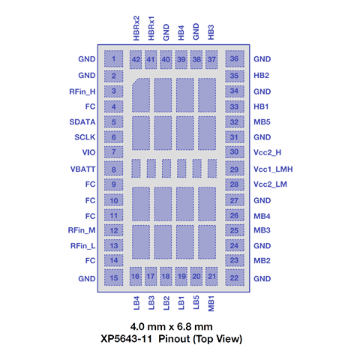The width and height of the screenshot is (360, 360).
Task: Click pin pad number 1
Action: pyautogui.click(x=113, y=58)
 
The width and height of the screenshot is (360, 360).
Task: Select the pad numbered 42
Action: pyautogui.click(x=136, y=59)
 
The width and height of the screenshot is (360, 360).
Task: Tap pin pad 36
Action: pyautogui.click(x=235, y=58)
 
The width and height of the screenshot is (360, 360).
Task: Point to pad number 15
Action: pyautogui.click(x=113, y=277)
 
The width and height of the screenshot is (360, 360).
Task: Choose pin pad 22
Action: pyautogui.click(x=235, y=277)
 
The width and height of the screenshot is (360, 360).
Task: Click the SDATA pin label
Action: pyautogui.click(x=82, y=122)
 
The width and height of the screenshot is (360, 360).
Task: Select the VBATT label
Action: pyautogui.click(x=82, y=169)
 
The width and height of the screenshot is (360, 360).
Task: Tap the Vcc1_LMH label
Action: pyautogui.click(x=273, y=169)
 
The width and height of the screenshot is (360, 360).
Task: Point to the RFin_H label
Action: pyautogui.click(x=82, y=91)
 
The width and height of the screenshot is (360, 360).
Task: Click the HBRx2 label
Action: pyautogui.click(x=136, y=28)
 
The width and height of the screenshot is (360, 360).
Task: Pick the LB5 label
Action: pyautogui.click(x=196, y=302)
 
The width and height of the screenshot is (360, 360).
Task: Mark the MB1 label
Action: pyautogui.click(x=211, y=304)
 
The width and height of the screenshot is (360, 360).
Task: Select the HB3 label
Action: pyautogui.click(x=211, y=32)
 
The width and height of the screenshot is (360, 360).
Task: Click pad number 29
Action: pyautogui.click(x=235, y=169)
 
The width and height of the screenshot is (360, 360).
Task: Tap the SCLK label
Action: pyautogui.click(x=85, y=137)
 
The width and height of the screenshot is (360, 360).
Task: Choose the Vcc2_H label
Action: pyautogui.click(x=268, y=152)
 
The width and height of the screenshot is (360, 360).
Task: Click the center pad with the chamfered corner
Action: pyautogui.click(x=141, y=95)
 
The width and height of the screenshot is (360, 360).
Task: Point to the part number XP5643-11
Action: pyautogui.click(x=126, y=339)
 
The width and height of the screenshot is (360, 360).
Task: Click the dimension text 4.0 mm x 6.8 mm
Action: pyautogui.click(x=172, y=327)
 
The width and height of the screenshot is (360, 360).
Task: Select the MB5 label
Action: pyautogui.click(x=262, y=122)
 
